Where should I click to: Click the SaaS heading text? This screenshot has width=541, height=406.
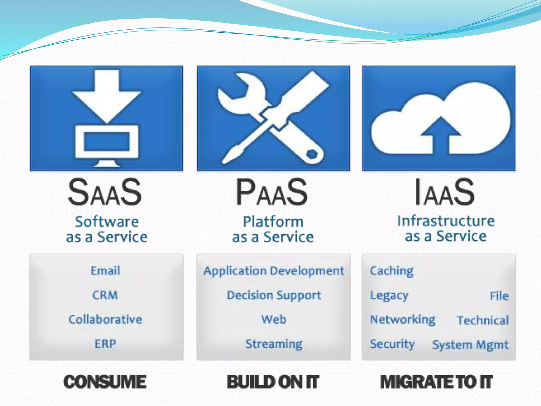(x=105, y=192)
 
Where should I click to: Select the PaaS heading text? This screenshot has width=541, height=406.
(x=272, y=192)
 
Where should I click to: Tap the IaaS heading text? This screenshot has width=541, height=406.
(x=445, y=192)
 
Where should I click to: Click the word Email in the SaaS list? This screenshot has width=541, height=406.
(x=105, y=271)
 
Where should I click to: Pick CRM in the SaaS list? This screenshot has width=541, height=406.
(x=105, y=295)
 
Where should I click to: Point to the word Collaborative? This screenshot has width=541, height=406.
(x=105, y=319)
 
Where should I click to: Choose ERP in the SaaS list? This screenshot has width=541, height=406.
(x=105, y=344)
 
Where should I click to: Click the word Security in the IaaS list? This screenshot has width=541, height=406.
(x=392, y=344)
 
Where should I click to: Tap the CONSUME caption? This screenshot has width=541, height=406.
(x=105, y=382)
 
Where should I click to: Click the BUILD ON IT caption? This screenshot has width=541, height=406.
(x=273, y=382)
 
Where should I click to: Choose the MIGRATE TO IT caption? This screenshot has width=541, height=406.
(x=436, y=382)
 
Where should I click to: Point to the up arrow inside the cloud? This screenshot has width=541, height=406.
(x=440, y=135)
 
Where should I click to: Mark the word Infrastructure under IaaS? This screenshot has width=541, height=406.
(x=446, y=221)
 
